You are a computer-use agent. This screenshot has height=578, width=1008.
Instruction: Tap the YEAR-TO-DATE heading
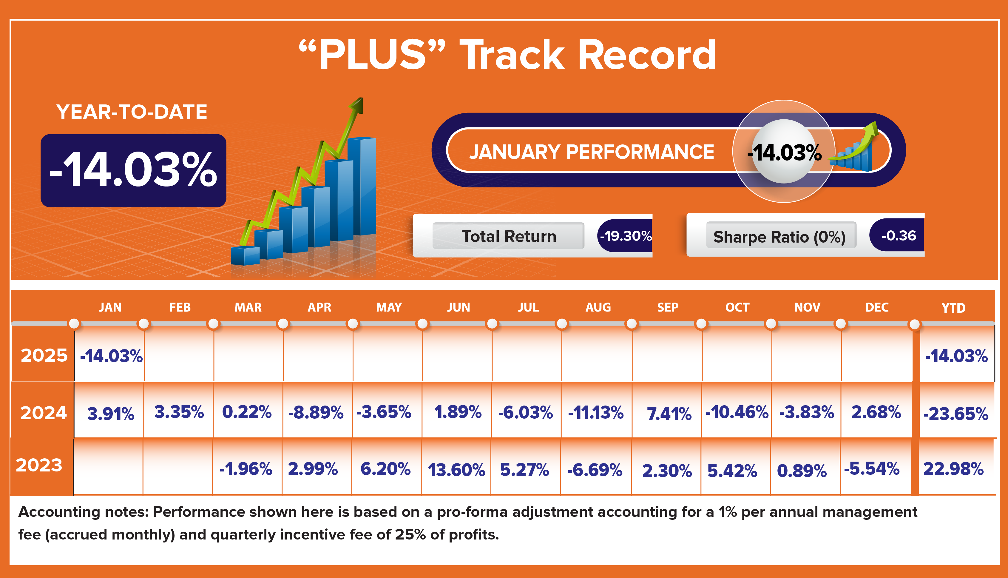(132, 112)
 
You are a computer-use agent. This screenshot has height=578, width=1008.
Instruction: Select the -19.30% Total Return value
(626, 236)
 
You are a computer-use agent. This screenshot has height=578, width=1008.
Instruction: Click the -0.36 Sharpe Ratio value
(899, 235)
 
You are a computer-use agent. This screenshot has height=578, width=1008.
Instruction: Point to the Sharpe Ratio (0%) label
(779, 237)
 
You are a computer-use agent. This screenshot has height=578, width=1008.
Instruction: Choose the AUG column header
(598, 307)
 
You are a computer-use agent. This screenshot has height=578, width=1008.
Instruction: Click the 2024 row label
(44, 413)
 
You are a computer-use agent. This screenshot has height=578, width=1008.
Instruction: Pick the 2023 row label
(39, 465)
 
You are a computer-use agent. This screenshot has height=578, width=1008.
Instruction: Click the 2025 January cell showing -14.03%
(111, 356)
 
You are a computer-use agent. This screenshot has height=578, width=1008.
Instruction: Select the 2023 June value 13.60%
(456, 470)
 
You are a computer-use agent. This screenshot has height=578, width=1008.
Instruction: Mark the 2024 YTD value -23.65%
(955, 414)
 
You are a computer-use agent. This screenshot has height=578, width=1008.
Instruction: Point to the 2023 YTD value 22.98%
(953, 469)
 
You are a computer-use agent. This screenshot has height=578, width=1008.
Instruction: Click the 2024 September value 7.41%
(669, 414)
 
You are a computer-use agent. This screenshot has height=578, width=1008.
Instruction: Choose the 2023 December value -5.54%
(871, 469)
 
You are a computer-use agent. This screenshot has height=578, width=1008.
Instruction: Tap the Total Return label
(509, 236)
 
